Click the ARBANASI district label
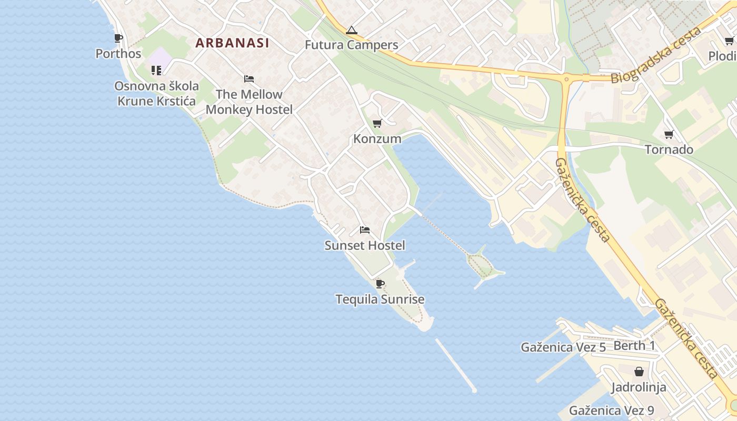(x=232, y=43)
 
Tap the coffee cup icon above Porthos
(x=118, y=38)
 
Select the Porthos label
(x=118, y=54)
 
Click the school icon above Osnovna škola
(x=156, y=70)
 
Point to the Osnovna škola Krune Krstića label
(x=157, y=94)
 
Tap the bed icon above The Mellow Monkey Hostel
(x=249, y=79)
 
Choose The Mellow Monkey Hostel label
(x=249, y=102)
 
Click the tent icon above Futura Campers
(x=352, y=30)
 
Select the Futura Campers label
(x=352, y=45)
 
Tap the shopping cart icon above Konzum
(x=377, y=124)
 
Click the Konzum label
(x=377, y=139)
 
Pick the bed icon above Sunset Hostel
(x=365, y=230)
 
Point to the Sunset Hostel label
(x=365, y=246)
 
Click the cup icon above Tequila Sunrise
(x=380, y=284)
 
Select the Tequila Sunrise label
(x=380, y=299)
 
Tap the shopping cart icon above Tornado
(x=669, y=134)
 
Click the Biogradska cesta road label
(x=656, y=55)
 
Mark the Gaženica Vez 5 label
(x=563, y=347)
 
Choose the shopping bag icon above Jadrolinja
(x=639, y=372)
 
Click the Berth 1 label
(x=634, y=346)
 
